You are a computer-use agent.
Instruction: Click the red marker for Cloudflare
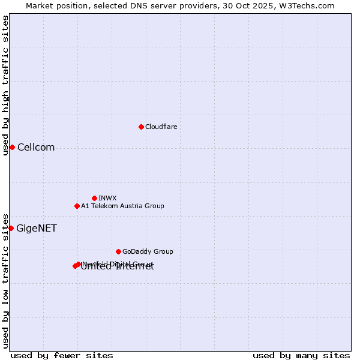[x=141, y=127]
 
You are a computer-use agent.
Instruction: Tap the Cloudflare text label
[x=161, y=127]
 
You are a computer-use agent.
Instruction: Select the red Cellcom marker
[x=12, y=147]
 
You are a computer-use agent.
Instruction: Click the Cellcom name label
[x=36, y=148]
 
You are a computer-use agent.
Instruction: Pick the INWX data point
[x=94, y=198]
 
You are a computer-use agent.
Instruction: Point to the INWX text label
[x=107, y=198]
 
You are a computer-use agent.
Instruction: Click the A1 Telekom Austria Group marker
[x=77, y=206]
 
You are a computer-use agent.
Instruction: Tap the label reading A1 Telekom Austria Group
[x=122, y=206]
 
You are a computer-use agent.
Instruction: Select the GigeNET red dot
[x=11, y=228]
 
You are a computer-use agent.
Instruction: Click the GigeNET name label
[x=36, y=229]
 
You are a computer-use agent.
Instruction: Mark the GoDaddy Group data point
[x=118, y=251]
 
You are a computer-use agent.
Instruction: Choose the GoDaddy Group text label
[x=148, y=251]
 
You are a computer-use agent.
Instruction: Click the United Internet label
[x=118, y=268]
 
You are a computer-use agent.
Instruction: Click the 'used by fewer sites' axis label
[x=62, y=355]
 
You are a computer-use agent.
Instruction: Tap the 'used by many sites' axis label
[x=301, y=355]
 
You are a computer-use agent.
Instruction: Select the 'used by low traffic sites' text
[x=5, y=280]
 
